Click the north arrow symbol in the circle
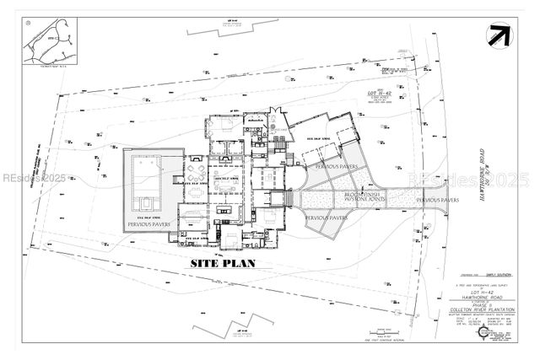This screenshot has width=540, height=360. [x=496, y=35]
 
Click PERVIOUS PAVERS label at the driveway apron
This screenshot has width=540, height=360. [x=437, y=201]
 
